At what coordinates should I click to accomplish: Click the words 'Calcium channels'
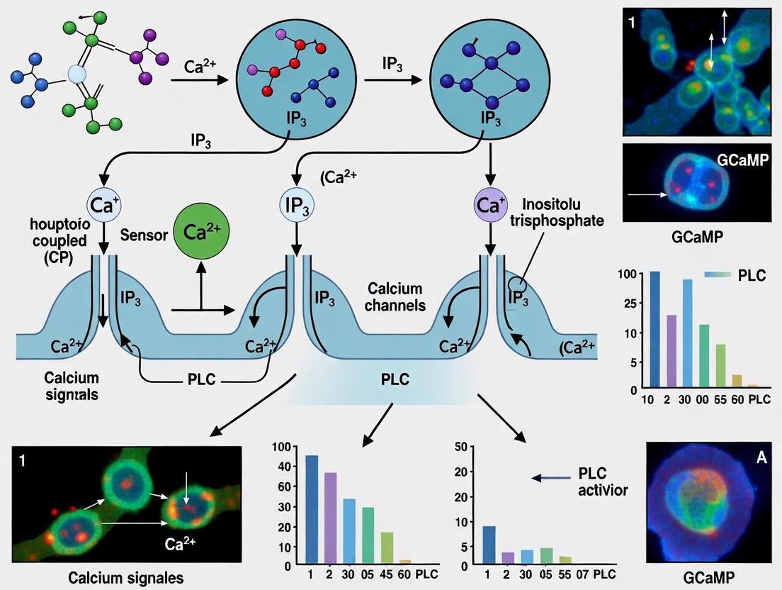tap(396, 297)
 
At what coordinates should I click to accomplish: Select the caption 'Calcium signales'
tap(125, 577)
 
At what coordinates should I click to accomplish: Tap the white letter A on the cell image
tap(762, 457)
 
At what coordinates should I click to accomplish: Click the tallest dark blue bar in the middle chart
tap(311, 510)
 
